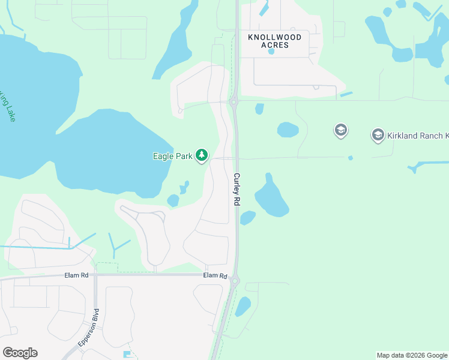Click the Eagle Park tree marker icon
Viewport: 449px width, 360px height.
(202, 156)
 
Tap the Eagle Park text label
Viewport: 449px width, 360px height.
(172, 156)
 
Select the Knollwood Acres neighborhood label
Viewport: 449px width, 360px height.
(275, 41)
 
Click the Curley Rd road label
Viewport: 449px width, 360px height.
(237, 190)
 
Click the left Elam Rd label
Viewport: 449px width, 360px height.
(76, 275)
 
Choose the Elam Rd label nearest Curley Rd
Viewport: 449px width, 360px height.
(215, 275)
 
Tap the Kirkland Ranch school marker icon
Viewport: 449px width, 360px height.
(378, 135)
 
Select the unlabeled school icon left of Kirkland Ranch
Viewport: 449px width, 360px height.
(341, 130)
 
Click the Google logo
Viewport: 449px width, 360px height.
(20, 353)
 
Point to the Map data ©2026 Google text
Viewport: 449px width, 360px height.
(411, 355)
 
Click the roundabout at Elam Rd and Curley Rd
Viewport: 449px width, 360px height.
(235, 280)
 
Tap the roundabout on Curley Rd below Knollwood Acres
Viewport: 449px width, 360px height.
(233, 102)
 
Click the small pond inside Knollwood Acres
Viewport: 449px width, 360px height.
(271, 52)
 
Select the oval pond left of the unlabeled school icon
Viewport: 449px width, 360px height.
(288, 130)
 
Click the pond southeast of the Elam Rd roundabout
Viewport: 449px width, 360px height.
(243, 307)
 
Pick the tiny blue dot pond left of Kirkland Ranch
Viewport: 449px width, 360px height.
(350, 158)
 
